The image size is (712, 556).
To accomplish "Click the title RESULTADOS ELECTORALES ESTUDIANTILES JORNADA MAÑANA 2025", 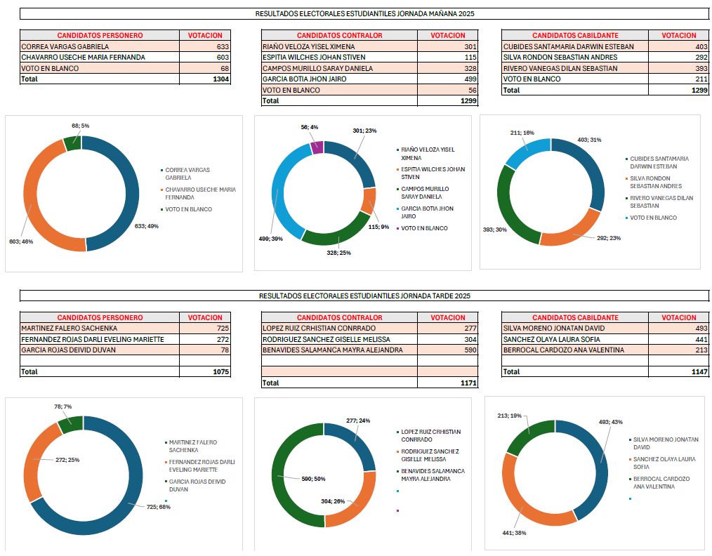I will tap(364, 13).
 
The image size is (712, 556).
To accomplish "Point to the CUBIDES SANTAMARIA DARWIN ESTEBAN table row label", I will tap(569, 46).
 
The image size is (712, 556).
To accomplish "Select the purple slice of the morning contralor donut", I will tap(316, 147).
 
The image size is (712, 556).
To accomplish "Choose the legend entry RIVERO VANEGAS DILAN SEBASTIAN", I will tap(661, 201).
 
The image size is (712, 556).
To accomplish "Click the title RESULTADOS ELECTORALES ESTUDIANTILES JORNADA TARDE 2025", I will tap(364, 296).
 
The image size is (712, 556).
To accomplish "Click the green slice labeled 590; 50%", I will tap(281, 477).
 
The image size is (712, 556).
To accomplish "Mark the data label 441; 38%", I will tap(513, 533).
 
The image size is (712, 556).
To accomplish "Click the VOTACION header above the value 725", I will tap(205, 317).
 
